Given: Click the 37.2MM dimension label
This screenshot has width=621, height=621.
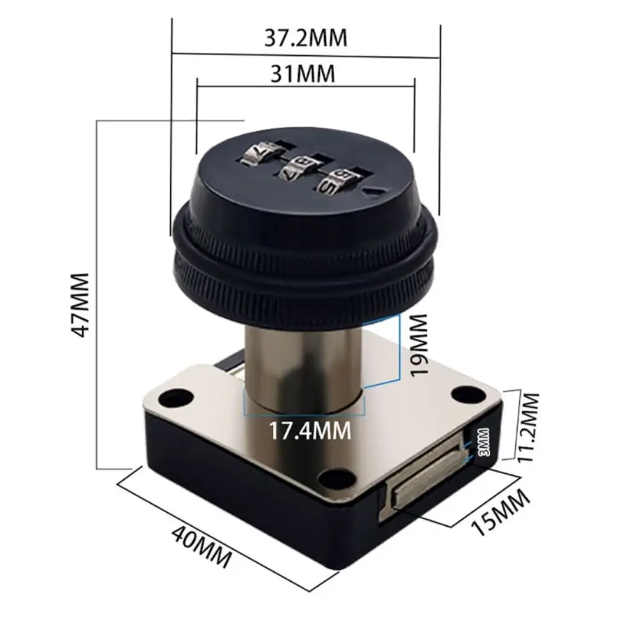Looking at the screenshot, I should point(306,39).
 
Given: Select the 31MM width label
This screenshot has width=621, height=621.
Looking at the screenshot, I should point(304,74).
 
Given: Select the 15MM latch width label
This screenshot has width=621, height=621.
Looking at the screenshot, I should point(501,513).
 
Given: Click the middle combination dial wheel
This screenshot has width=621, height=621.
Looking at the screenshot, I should point(296,168).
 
